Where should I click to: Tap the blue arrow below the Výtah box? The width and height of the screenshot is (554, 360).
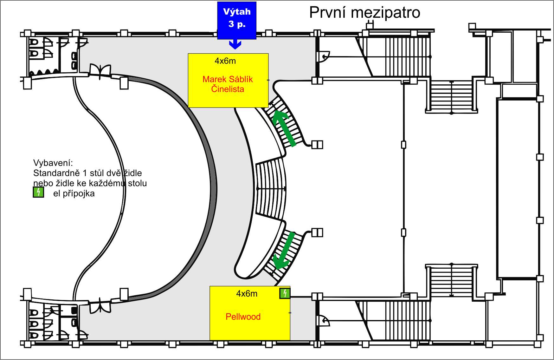(235, 44)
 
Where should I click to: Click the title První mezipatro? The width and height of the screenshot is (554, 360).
(364, 13)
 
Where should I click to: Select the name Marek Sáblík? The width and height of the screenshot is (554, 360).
(228, 79)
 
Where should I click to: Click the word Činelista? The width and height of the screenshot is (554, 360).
(228, 89)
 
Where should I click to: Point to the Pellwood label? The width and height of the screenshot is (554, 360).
(243, 317)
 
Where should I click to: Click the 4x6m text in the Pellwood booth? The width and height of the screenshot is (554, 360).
(247, 294)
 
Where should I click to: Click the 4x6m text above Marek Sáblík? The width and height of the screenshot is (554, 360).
(225, 61)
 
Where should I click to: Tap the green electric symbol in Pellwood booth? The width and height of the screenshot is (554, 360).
(285, 293)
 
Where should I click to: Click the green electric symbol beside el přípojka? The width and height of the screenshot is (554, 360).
(38, 192)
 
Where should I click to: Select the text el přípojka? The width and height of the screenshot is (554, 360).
(74, 193)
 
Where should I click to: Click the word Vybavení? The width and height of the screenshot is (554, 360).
(53, 163)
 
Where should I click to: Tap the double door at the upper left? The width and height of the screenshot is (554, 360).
(100, 72)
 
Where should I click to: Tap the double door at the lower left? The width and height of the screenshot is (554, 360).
(100, 305)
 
